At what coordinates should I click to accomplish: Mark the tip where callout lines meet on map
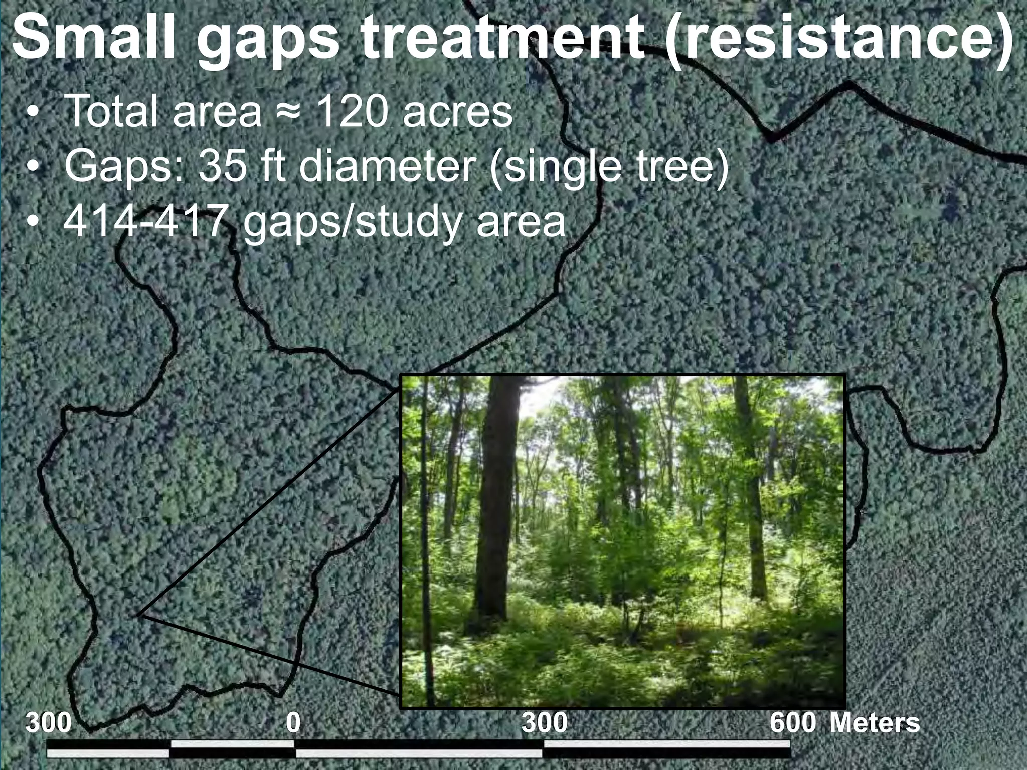[137, 615]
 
